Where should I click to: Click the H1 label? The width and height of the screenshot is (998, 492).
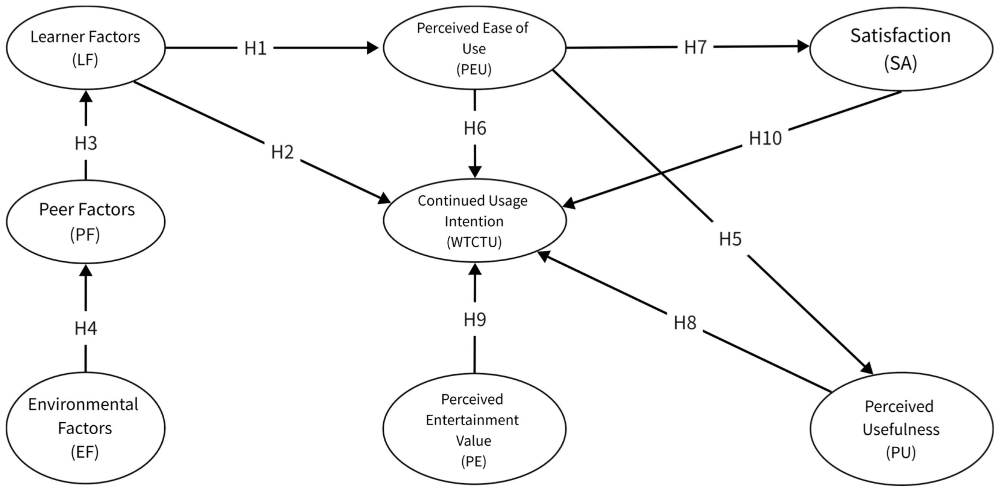[255, 48]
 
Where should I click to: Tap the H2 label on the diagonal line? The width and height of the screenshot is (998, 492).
[282, 152]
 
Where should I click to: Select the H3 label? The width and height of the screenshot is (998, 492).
[86, 143]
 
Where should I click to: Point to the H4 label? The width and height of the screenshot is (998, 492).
[86, 328]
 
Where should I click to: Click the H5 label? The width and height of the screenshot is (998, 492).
[730, 239]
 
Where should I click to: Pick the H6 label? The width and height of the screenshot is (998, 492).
[475, 128]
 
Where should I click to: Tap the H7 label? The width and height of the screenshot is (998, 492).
[695, 47]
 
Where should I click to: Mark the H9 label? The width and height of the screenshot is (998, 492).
[475, 320]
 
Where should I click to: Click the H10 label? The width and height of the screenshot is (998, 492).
[765, 138]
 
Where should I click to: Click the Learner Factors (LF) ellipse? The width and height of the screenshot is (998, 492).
[86, 48]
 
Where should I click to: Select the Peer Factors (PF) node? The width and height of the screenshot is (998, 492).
[86, 222]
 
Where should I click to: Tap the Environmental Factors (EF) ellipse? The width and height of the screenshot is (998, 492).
[86, 428]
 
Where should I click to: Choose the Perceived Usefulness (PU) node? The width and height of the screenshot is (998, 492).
[901, 429]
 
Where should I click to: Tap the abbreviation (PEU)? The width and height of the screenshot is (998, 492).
[474, 70]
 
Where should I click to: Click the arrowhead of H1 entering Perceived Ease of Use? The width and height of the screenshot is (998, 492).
[373, 48]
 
